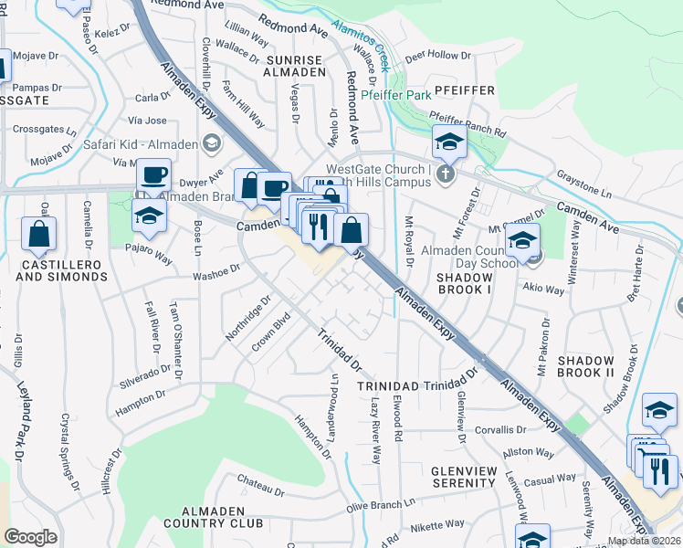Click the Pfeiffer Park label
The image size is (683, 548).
click(396, 94)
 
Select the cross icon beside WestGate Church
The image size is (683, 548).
click(445, 174)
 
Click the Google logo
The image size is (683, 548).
click(30, 537)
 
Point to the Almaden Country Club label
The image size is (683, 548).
click(211, 516)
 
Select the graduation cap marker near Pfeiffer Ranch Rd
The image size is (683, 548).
click(449, 142)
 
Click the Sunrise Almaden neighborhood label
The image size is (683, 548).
click(295, 65)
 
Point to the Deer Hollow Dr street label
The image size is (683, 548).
click(437, 56)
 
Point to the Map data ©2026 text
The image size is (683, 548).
click(643, 541)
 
